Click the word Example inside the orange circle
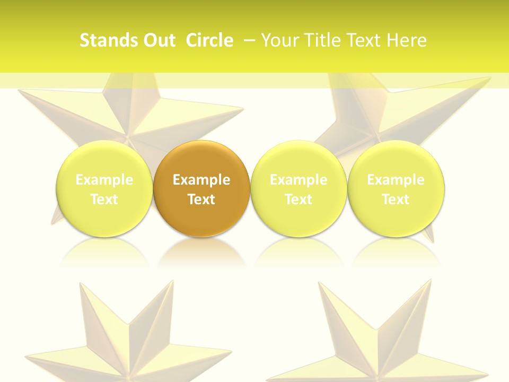click(x=201, y=180)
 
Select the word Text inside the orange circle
click(x=201, y=199)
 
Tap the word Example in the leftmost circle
click(x=104, y=180)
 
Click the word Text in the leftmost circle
click(x=104, y=199)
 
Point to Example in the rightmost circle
click(x=396, y=180)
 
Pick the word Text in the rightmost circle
click(x=396, y=199)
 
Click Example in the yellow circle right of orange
click(x=299, y=180)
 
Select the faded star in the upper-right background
click(x=392, y=111)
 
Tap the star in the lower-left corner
click(x=127, y=340)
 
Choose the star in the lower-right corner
click(x=376, y=340)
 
